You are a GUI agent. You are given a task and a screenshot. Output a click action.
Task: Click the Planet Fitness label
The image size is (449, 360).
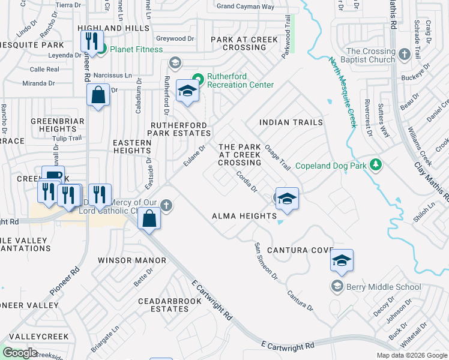[x=136, y=49]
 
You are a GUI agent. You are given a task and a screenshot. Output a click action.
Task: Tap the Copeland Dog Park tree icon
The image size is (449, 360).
[x=376, y=164]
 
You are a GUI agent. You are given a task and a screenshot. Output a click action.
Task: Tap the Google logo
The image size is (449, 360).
[x=20, y=353]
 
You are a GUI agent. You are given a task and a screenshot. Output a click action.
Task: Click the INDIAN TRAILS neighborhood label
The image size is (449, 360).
[x=291, y=122]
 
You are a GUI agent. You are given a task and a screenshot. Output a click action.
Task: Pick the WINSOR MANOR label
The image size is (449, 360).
[x=132, y=260]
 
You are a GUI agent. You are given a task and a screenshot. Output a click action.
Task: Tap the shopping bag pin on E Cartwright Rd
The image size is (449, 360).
[x=149, y=220]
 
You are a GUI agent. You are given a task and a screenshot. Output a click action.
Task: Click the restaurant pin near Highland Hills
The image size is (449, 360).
[x=91, y=41]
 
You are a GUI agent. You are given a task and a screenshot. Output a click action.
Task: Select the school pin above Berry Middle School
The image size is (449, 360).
[x=342, y=260]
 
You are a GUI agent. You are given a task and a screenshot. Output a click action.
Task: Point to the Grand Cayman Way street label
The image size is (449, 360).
[x=245, y=7]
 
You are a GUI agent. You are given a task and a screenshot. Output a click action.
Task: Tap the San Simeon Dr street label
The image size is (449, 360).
[x=266, y=262]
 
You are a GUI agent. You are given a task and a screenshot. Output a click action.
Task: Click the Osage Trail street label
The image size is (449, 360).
[x=277, y=157]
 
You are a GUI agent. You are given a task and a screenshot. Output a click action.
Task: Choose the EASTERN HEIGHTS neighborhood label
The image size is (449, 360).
[x=132, y=147]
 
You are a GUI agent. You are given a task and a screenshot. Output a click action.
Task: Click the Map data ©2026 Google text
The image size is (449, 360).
[x=411, y=355]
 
